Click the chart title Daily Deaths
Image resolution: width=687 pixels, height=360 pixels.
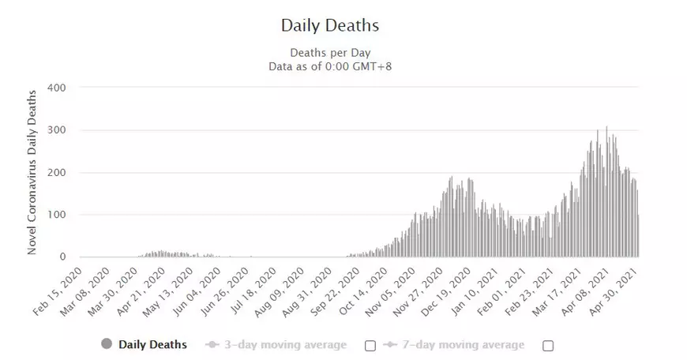click(x=330, y=25)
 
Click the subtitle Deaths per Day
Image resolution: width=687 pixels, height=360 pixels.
click(x=330, y=53)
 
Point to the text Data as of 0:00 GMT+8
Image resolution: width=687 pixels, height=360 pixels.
click(x=330, y=66)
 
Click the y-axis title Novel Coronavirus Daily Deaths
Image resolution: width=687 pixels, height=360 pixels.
click(x=33, y=171)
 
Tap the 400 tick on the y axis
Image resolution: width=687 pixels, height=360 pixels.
click(x=58, y=87)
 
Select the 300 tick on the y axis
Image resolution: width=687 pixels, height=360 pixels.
click(x=58, y=129)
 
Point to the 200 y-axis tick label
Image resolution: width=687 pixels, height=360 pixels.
click(x=58, y=172)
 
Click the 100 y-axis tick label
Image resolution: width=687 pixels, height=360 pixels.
click(x=58, y=215)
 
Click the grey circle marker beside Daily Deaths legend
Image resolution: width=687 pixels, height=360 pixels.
click(x=107, y=344)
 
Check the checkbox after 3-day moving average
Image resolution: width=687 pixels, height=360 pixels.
click(x=370, y=345)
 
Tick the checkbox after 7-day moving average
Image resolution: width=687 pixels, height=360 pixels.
click(x=548, y=345)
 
